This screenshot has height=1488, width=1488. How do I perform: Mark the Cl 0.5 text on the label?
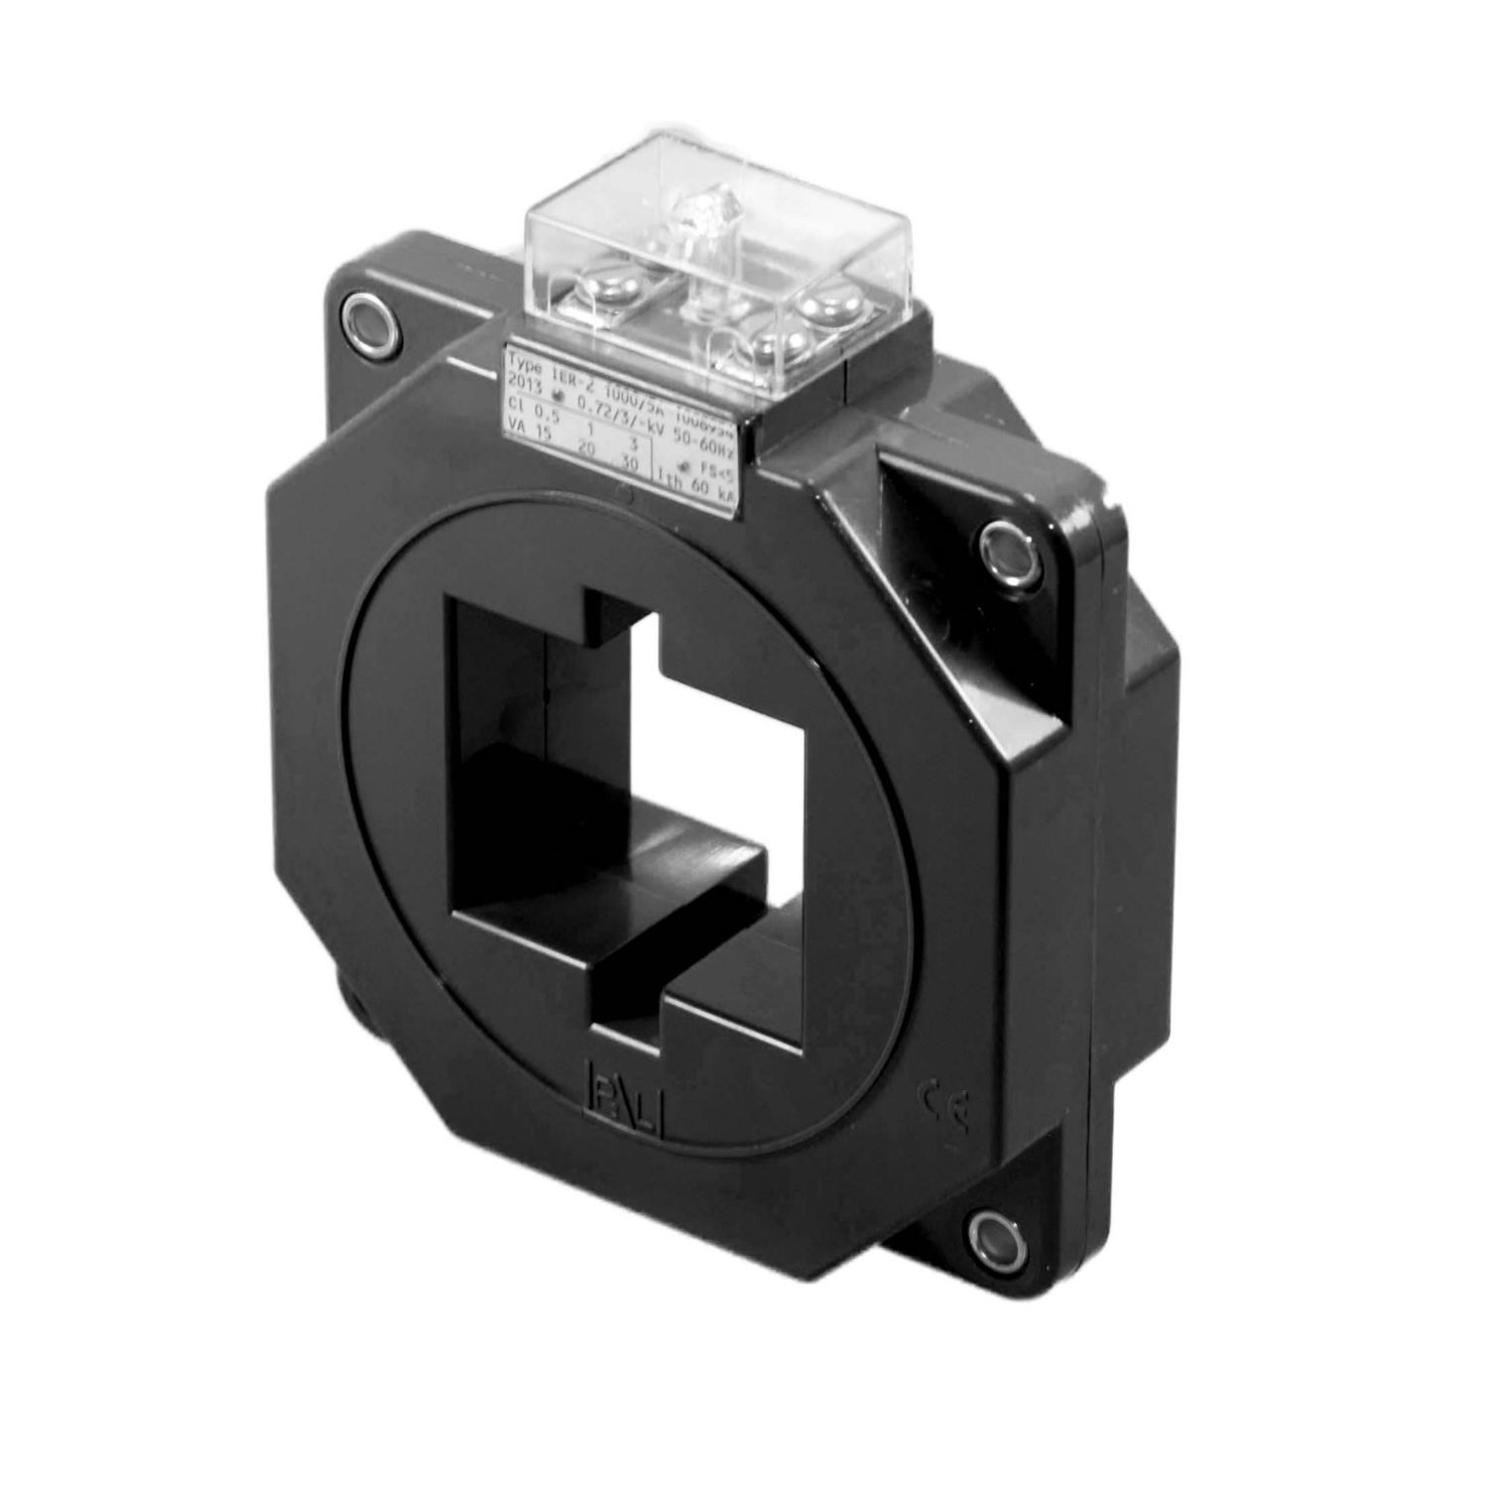526,405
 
